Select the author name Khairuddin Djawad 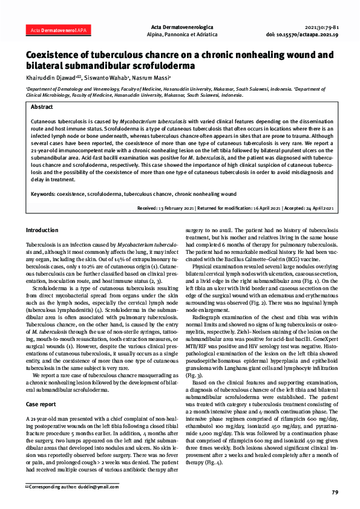[x=50, y=78]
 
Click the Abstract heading [x=42, y=106]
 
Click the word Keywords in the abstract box [x=42, y=194]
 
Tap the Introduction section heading [x=42, y=231]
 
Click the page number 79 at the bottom [x=335, y=493]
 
